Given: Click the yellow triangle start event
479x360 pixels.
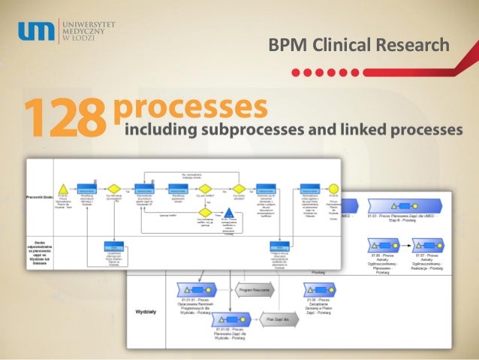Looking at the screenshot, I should point(63,189).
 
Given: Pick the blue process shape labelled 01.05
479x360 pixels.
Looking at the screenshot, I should point(319,289).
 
